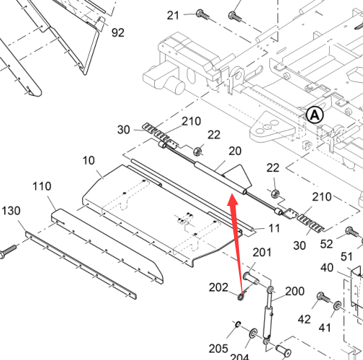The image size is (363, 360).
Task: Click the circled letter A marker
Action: [x=315, y=115]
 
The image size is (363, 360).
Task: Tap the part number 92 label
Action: [x=118, y=32]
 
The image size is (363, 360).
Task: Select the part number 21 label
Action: [x=173, y=16]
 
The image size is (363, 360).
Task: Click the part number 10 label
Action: [x=89, y=161]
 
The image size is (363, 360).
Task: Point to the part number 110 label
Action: [x=42, y=186]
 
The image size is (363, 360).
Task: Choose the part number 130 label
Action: [x=11, y=211]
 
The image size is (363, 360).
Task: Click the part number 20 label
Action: [x=235, y=151]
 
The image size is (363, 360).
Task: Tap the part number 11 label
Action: [x=274, y=228]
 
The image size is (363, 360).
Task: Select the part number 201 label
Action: [x=262, y=253]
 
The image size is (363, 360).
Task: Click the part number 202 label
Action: [x=218, y=287]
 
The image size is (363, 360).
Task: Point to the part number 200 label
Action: [x=295, y=291]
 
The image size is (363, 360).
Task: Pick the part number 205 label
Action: [x=218, y=348]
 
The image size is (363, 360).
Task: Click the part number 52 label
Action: [x=326, y=244]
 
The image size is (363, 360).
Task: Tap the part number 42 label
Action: [x=305, y=320]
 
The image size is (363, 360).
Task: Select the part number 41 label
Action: [x=325, y=328]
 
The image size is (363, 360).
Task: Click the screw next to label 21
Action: [x=202, y=14]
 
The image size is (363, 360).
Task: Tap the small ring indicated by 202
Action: [x=241, y=297]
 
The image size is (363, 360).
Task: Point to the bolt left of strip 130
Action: [x=8, y=251]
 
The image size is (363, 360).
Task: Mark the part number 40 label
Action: [x=327, y=268]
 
